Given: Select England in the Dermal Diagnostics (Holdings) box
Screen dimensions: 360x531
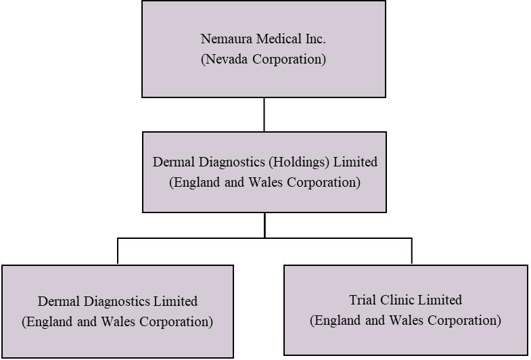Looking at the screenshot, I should pos(198,183).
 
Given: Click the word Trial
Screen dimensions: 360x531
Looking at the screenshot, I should pos(364,300).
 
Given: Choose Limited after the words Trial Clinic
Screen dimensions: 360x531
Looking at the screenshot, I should pos(442,300).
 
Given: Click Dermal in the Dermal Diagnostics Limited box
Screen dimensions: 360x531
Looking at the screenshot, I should pos(57,301).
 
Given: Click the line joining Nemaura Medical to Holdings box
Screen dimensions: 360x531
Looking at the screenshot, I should pos(264,114).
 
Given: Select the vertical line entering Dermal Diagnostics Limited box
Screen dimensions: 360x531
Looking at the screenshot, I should pos(118,252).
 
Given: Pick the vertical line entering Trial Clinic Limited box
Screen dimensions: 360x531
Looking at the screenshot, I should pos(411,251).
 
